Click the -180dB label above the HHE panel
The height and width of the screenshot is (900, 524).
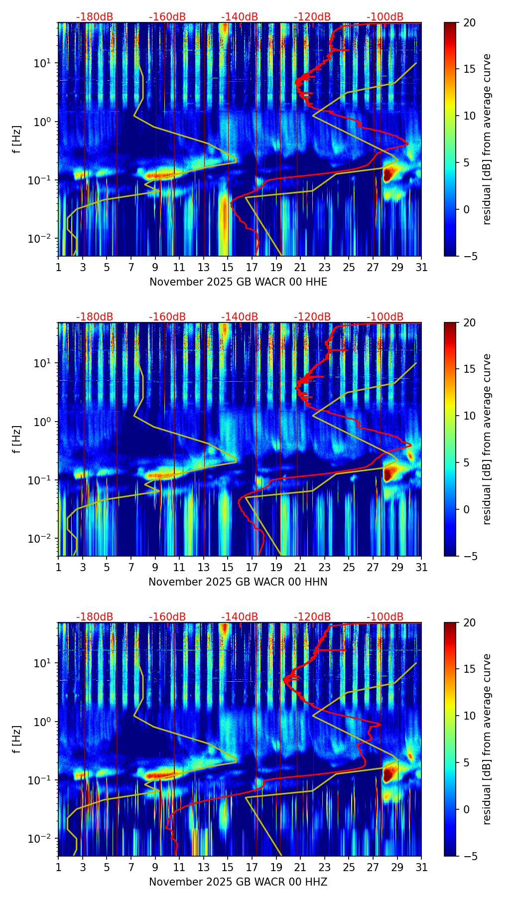95,17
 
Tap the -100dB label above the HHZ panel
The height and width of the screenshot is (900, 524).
385,617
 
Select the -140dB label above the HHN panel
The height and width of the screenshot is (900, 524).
240,317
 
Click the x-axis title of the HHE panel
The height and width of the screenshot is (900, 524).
238,282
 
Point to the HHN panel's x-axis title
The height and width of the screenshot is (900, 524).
238,582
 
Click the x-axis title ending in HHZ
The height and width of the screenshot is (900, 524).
238,882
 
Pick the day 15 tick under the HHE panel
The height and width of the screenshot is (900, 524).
228,267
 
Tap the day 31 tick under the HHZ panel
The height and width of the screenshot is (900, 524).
421,867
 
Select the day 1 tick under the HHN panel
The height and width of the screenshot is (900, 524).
58,567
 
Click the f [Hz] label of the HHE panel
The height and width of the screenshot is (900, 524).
17,139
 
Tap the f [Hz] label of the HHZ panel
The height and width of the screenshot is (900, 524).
17,739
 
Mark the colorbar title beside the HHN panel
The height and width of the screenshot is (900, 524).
487,439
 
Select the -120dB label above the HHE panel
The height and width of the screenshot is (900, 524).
312,17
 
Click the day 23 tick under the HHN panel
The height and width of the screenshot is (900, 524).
325,567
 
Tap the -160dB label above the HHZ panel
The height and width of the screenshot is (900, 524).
167,617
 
